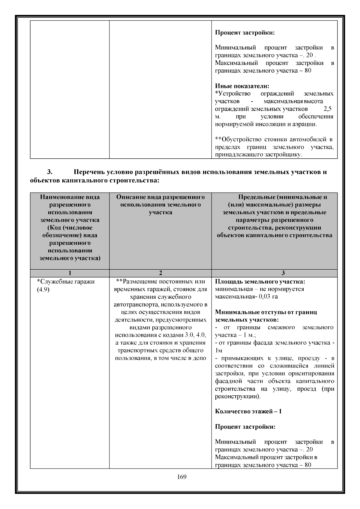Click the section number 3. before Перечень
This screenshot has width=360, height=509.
point(50,172)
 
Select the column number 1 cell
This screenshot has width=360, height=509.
point(70,273)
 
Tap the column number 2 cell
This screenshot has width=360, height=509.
point(160,273)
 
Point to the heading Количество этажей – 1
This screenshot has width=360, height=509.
point(248,411)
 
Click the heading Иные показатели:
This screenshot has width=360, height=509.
point(242,86)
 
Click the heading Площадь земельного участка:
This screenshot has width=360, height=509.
point(260,282)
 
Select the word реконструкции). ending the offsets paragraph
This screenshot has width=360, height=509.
point(238,396)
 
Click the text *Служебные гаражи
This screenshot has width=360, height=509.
point(66,282)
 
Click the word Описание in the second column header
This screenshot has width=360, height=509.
point(130,197)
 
